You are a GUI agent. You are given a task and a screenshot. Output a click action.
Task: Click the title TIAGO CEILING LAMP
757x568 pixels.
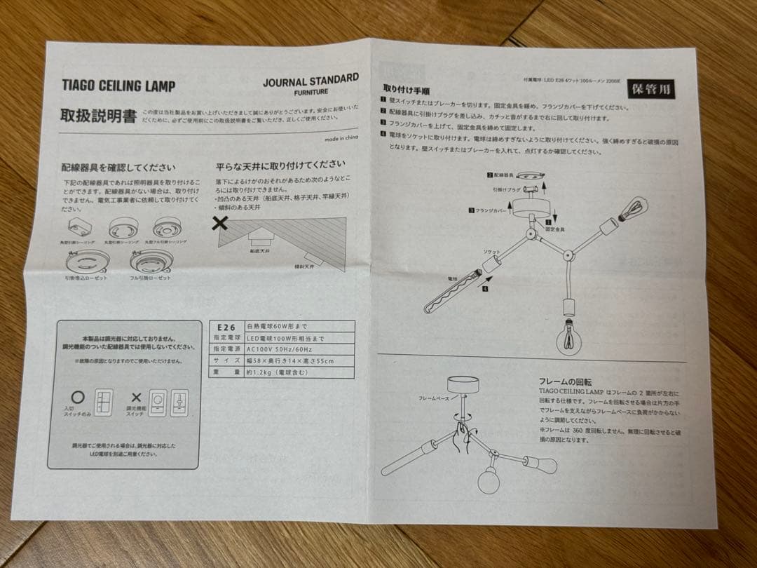pyautogui.click(x=118, y=86)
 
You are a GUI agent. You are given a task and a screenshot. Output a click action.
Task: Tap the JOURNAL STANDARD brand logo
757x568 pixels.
pyautogui.click(x=311, y=83)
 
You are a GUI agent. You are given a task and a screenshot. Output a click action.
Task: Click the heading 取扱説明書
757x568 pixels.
pyautogui.click(x=98, y=116)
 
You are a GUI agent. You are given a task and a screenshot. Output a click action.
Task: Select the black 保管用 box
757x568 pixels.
pyautogui.click(x=651, y=89)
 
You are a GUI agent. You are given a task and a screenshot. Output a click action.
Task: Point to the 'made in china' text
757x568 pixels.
pyautogui.click(x=341, y=138)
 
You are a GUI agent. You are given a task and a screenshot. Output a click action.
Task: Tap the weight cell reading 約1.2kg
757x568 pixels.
pyautogui.click(x=275, y=372)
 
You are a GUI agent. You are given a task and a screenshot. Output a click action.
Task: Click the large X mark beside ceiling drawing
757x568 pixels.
pyautogui.click(x=220, y=224)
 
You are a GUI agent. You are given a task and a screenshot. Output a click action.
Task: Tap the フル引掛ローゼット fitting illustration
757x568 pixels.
pyautogui.click(x=151, y=262)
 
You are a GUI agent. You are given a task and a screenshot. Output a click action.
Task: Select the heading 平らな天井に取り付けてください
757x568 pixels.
pyautogui.click(x=280, y=167)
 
